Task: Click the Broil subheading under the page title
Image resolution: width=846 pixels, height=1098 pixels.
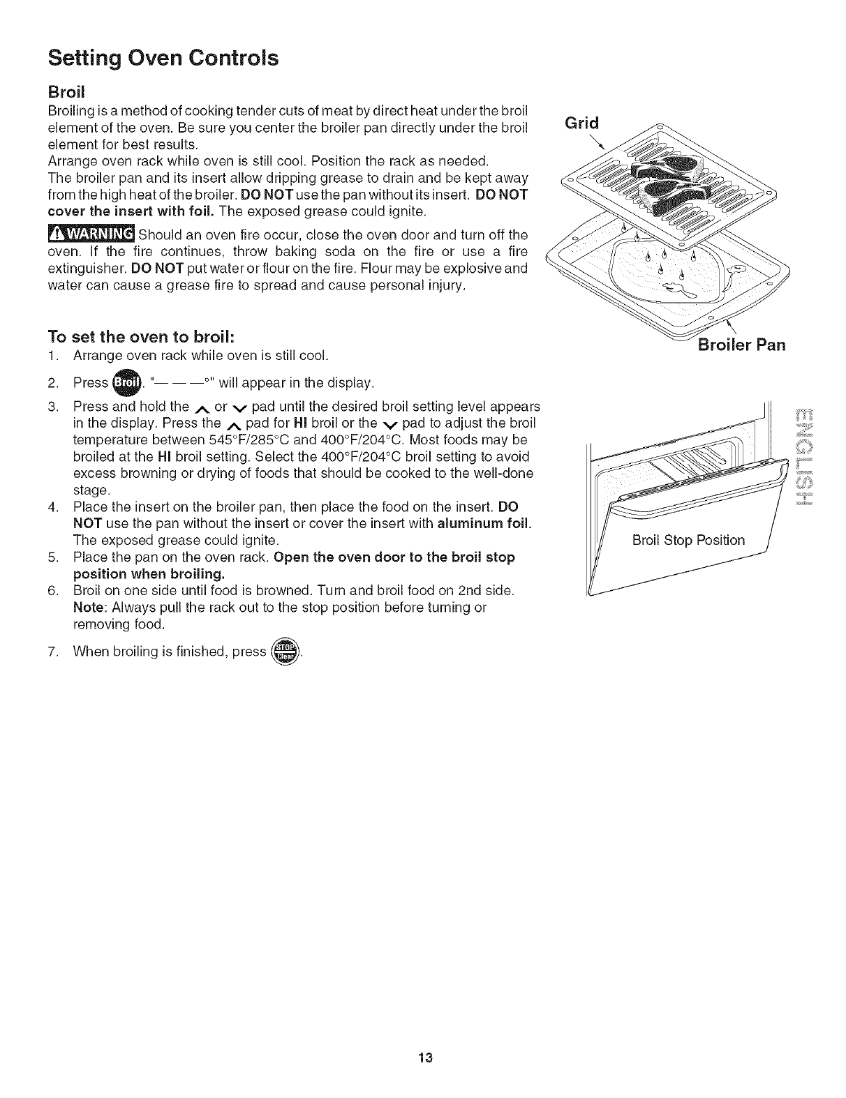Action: (x=66, y=92)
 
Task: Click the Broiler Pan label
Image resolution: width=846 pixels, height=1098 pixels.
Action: (x=741, y=345)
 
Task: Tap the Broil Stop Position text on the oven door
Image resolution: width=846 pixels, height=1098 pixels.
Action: (x=688, y=540)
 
